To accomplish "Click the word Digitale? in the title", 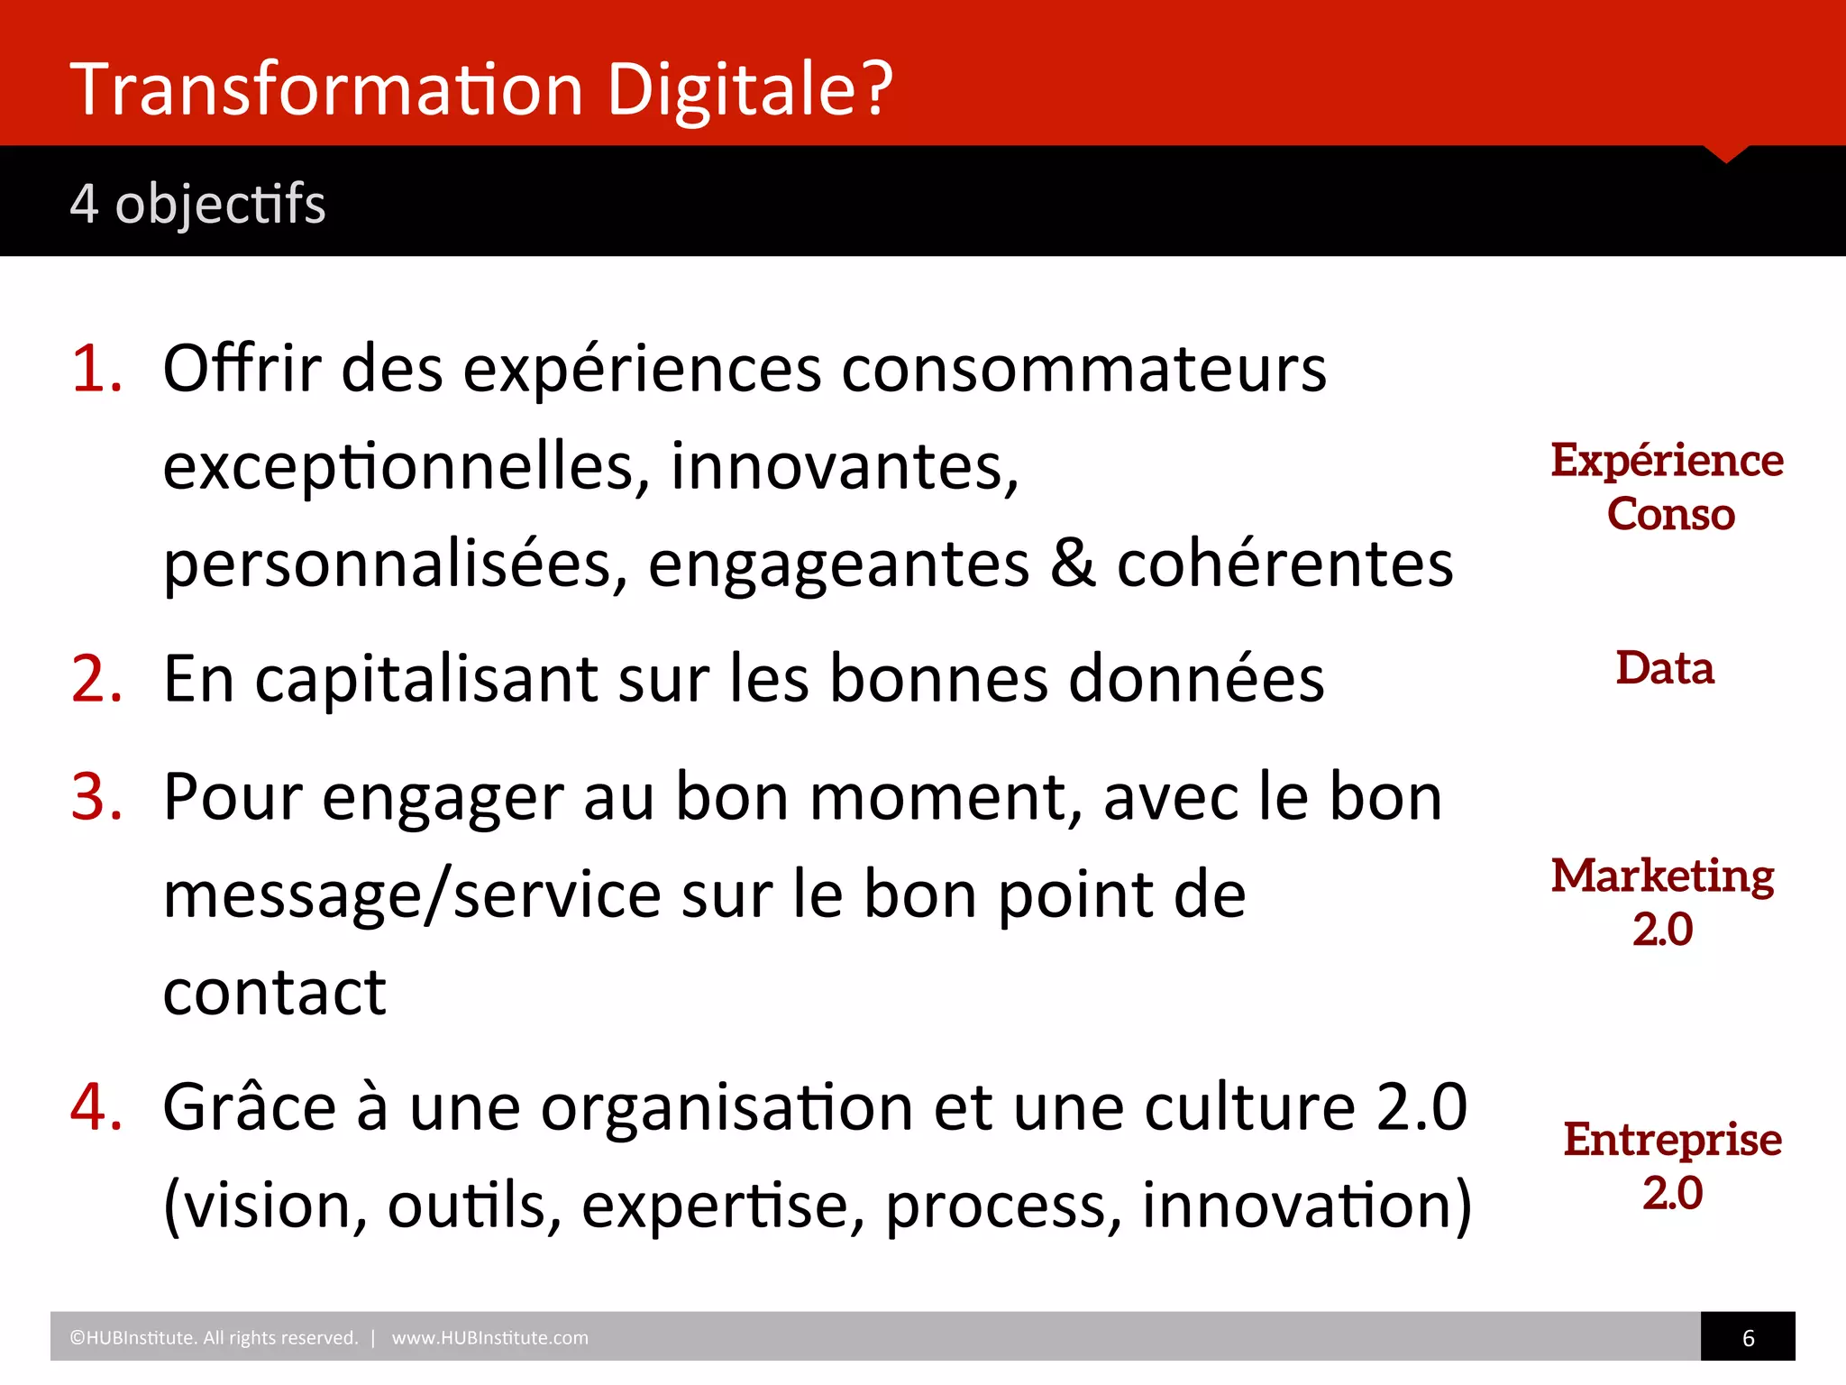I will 749,90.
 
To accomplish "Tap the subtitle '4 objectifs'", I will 197,203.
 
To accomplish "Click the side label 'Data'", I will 1665,668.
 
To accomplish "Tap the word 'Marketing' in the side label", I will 1663,876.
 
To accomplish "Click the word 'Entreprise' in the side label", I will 1673,1140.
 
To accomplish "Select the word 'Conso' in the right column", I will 1671,514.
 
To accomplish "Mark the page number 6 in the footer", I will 1749,1338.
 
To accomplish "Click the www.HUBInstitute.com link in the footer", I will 489,1338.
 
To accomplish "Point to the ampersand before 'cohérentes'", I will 1073,564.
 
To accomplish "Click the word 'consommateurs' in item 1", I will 1083,369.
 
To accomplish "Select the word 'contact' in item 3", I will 275,992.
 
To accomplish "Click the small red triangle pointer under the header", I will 1726,154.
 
